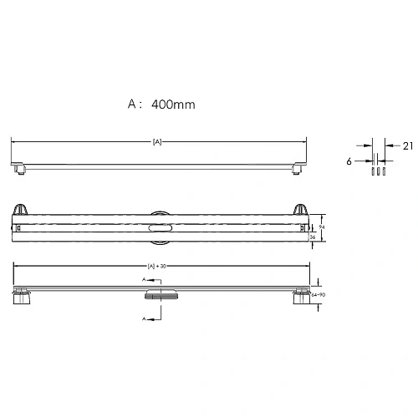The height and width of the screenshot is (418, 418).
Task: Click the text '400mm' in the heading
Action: (173, 105)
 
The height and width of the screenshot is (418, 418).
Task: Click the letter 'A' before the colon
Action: (131, 105)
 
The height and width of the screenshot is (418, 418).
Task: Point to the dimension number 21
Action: (407, 145)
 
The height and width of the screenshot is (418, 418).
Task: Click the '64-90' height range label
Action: (317, 294)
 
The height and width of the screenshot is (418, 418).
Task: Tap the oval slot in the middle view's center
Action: (159, 227)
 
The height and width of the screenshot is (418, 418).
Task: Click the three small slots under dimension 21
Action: (376, 171)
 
